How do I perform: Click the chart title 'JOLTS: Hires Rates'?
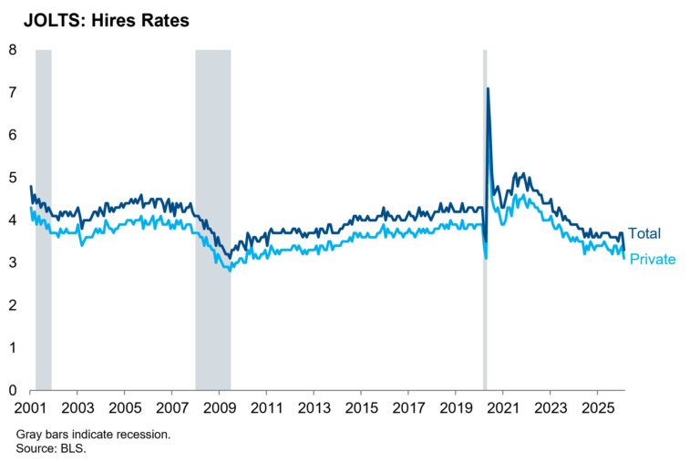[x=101, y=20]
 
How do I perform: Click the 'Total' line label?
[x=644, y=234]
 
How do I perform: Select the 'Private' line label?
[x=653, y=260]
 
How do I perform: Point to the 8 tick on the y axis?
[x=13, y=50]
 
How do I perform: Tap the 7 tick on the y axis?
[x=13, y=92]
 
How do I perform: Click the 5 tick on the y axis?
[x=13, y=178]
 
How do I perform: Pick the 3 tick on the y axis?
[x=13, y=262]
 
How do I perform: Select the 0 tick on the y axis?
[x=13, y=390]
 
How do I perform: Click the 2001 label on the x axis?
[x=31, y=406]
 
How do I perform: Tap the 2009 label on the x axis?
[x=220, y=406]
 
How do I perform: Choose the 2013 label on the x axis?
[x=314, y=406]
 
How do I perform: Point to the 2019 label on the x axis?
[x=455, y=406]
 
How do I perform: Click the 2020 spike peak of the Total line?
[x=488, y=88]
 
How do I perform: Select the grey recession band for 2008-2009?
[x=212, y=219]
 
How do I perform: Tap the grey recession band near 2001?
[x=43, y=219]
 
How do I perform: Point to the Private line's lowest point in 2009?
[x=230, y=271]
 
